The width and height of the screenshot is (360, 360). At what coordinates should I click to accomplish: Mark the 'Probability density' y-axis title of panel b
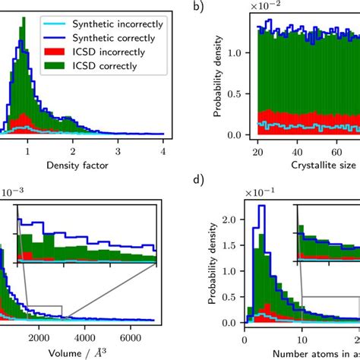click(x=216, y=80)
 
